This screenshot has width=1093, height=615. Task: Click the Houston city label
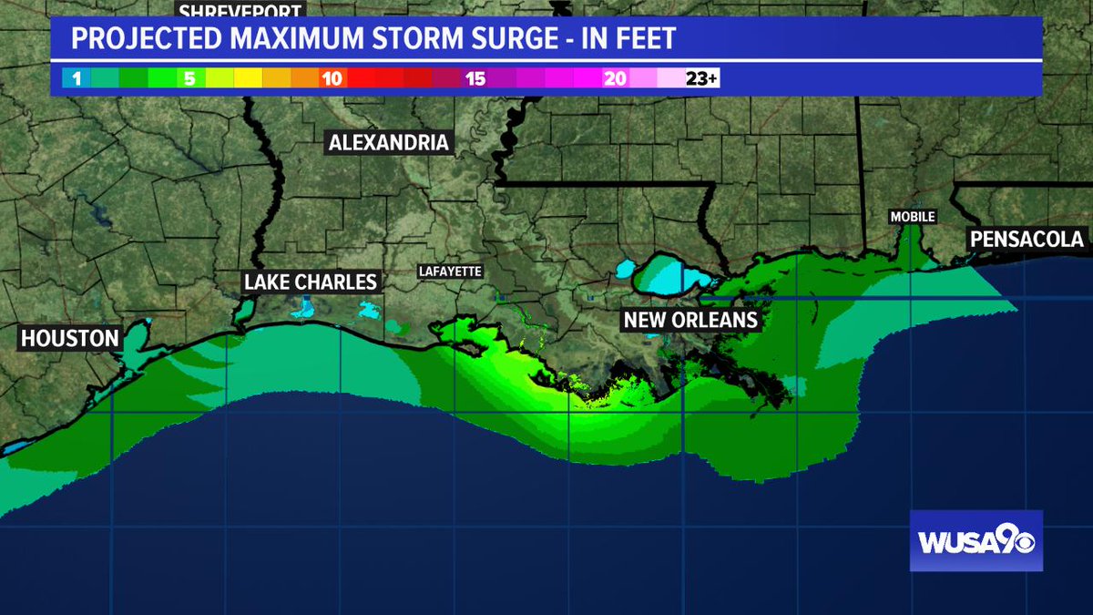[70, 339]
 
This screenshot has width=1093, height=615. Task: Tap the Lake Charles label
[311, 282]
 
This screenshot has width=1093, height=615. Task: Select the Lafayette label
[450, 272]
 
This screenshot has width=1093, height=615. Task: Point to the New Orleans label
[690, 320]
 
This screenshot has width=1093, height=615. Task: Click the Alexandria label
[389, 142]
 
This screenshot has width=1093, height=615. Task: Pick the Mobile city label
[913, 217]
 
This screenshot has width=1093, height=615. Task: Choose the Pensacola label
[1027, 239]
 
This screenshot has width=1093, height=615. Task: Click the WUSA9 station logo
[976, 540]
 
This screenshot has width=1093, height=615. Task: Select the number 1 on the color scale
[77, 79]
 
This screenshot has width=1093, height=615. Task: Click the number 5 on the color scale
[189, 79]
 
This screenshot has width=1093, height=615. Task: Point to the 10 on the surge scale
[332, 79]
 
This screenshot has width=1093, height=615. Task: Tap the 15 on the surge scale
[475, 79]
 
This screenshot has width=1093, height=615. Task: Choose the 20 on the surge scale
[616, 79]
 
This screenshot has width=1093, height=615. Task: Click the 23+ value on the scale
[701, 79]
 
